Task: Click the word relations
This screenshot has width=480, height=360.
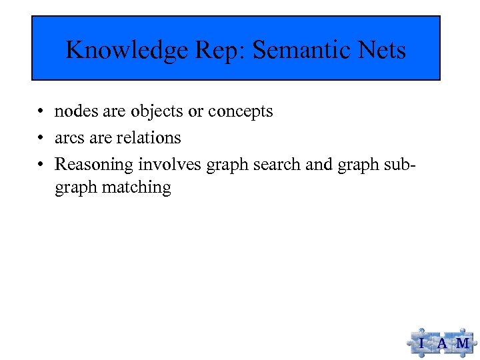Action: click(x=148, y=138)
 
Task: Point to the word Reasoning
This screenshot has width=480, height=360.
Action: click(x=94, y=164)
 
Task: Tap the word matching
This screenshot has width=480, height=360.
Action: click(x=137, y=188)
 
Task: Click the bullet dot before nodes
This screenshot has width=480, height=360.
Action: click(x=41, y=112)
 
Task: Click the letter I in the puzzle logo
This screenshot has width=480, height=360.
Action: click(x=422, y=343)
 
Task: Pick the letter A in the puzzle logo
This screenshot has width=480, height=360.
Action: click(x=442, y=343)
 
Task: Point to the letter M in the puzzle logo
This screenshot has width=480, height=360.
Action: click(x=462, y=343)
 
